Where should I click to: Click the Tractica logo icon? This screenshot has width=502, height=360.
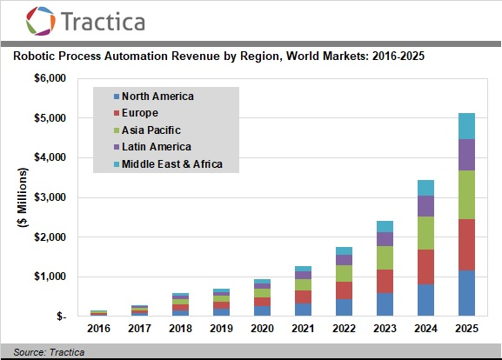point(40,21)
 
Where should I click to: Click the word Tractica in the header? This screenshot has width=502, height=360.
point(103,22)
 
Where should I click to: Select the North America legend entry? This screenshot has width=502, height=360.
point(154,96)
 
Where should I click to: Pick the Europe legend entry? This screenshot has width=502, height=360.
point(136,113)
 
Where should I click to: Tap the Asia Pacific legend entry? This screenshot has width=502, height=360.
point(147,130)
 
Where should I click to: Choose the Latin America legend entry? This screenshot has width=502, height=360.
point(153,147)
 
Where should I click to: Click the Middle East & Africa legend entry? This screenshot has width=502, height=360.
point(169,163)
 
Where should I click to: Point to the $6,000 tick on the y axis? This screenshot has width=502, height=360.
point(50,78)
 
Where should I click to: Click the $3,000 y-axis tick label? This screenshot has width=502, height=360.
point(50,197)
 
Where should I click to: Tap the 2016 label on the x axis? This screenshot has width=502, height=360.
point(98,329)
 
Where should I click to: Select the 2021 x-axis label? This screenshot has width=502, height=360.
point(303,329)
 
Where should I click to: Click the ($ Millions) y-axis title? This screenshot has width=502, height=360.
point(23,197)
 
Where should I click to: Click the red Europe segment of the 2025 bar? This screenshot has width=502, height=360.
point(467,245)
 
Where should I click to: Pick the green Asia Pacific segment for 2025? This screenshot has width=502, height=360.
point(467,195)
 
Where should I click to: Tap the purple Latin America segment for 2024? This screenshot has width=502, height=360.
point(425,206)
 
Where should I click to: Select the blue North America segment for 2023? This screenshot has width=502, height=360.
point(385,304)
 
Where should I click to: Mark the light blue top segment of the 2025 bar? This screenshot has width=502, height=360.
point(467,126)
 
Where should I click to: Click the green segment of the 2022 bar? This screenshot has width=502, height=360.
point(345,273)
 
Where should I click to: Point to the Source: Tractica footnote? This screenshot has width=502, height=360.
point(49,352)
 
